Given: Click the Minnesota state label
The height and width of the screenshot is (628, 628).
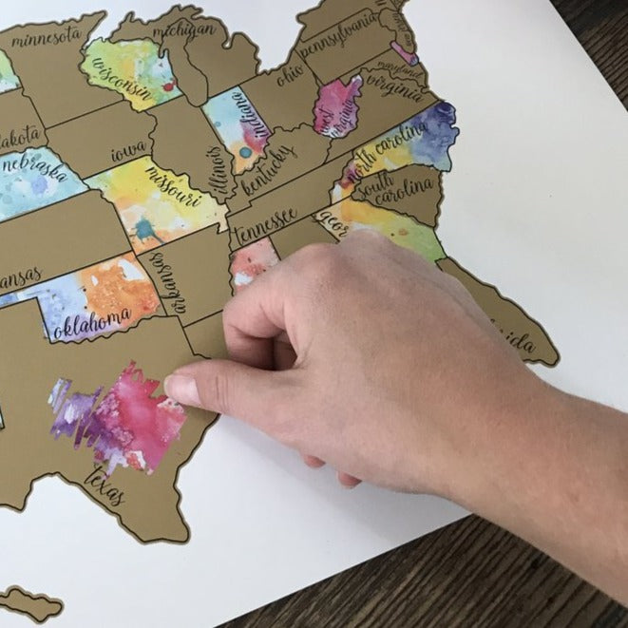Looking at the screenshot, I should pyautogui.click(x=46, y=36).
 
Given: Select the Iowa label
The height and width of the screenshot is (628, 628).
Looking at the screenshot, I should pyautogui.click(x=129, y=150).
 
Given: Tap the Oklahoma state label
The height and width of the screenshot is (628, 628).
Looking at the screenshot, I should pyautogui.click(x=92, y=324).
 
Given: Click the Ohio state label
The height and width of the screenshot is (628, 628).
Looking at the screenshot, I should pyautogui.click(x=290, y=73).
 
